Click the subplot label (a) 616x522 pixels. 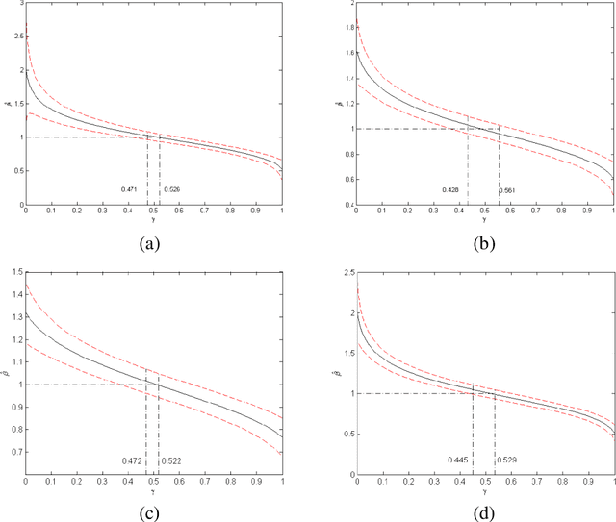pyautogui.click(x=149, y=243)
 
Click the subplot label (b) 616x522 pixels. pyautogui.click(x=484, y=243)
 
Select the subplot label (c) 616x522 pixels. pyautogui.click(x=149, y=510)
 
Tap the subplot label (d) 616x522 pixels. pyautogui.click(x=484, y=510)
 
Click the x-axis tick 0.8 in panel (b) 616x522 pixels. pyautogui.click(x=563, y=211)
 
